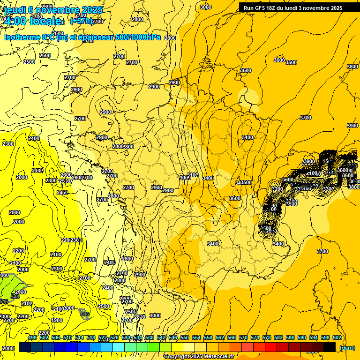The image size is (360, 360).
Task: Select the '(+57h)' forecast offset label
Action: pos(81,21)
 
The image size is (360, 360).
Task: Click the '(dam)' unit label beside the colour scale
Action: pos(347,348)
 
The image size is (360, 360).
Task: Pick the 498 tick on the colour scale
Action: pos(32,337)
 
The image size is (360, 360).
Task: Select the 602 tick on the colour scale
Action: pos(337,337)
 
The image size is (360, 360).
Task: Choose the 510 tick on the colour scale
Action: pos(67,337)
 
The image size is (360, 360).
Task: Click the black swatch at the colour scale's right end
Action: pos(330,347)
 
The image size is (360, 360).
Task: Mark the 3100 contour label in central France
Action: pos(193,175)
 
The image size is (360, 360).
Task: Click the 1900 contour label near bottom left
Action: pos(57,320)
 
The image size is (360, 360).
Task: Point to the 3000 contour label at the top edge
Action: pos(205,7)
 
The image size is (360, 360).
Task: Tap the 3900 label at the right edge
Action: pos(352,126)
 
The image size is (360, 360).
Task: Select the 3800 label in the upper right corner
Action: pos(352,67)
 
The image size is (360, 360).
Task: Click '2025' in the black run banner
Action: pos(335,8)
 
